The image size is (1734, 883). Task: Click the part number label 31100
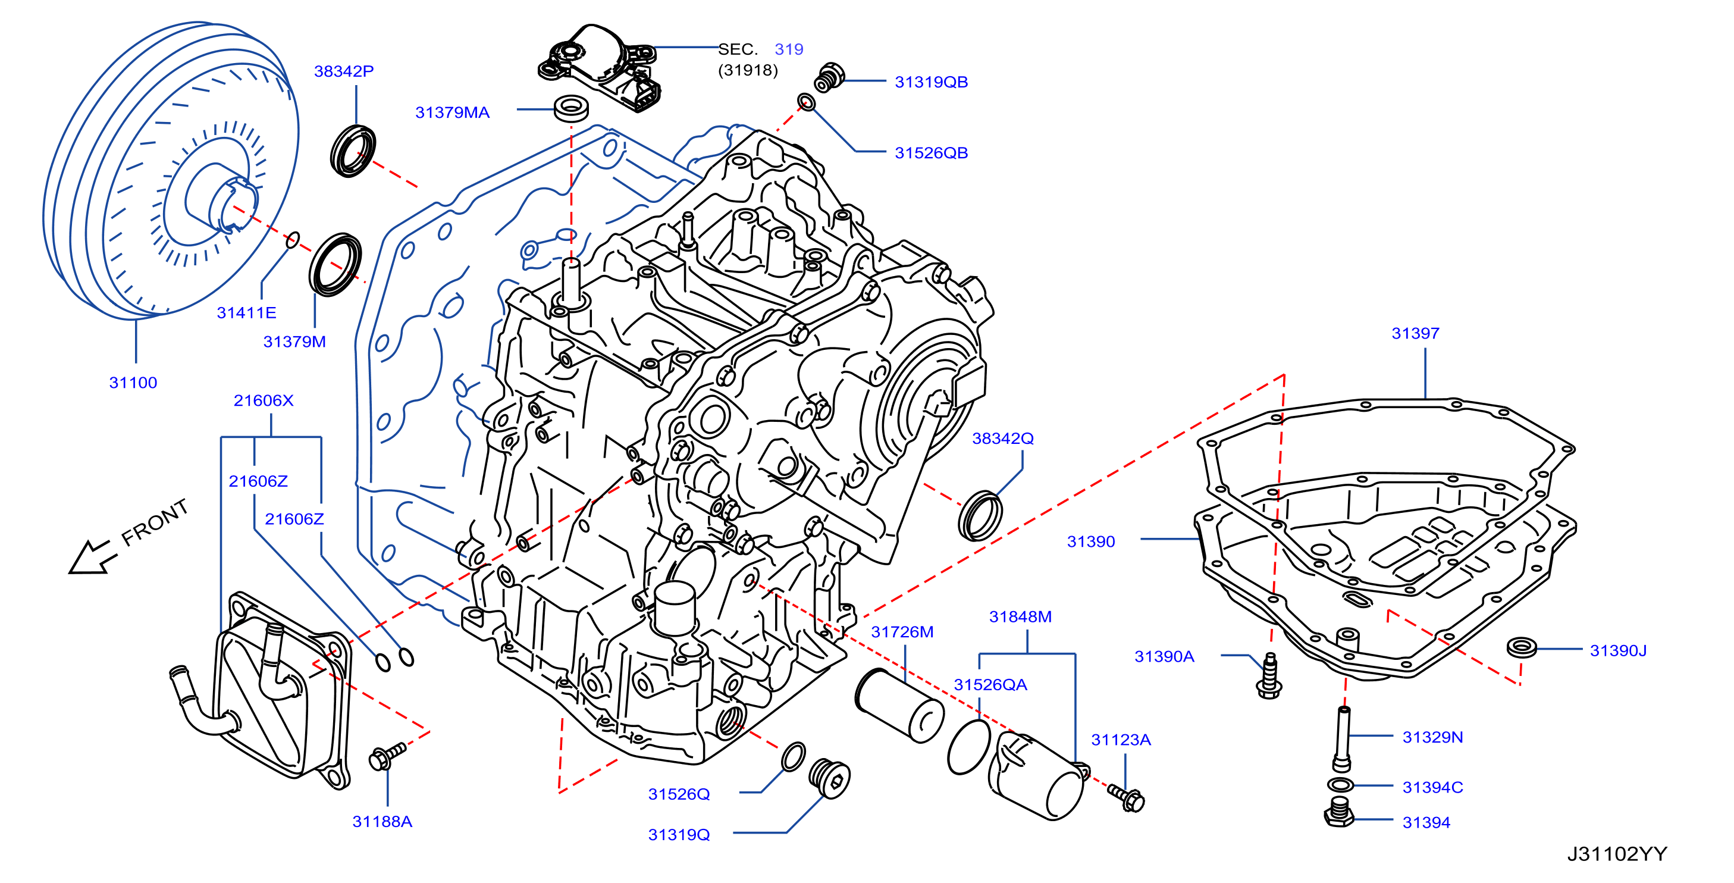(x=133, y=383)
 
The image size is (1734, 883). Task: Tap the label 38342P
(x=344, y=71)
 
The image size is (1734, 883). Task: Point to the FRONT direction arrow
(x=94, y=556)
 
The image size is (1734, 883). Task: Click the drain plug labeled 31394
(x=1339, y=812)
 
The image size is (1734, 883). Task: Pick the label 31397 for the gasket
(x=1416, y=333)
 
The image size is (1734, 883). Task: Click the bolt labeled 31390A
(x=1269, y=675)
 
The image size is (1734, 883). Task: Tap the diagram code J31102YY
(x=1617, y=854)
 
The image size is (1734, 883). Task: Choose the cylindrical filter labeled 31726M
(x=899, y=704)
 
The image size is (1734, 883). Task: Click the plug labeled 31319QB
(x=829, y=77)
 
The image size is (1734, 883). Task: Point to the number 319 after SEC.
(x=789, y=49)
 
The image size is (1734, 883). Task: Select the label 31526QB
(x=932, y=153)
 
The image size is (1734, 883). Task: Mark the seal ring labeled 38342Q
(x=979, y=516)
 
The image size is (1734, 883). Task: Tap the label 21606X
(x=263, y=401)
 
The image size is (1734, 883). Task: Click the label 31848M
(x=1021, y=617)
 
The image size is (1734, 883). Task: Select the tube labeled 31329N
(x=1341, y=738)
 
